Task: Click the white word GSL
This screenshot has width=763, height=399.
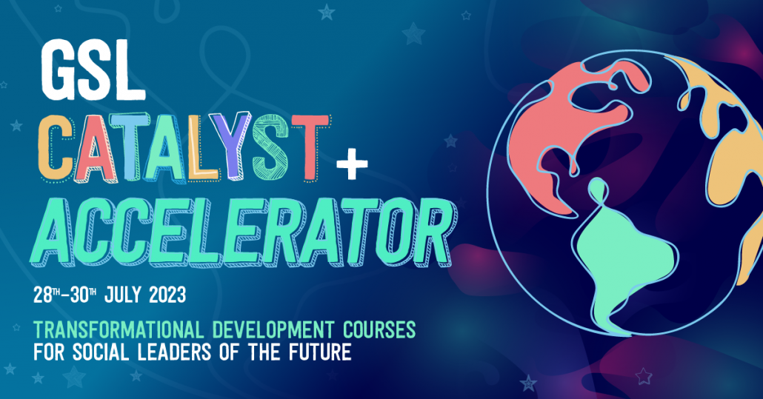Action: point(93,70)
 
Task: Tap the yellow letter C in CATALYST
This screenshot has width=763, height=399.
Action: point(62,147)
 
